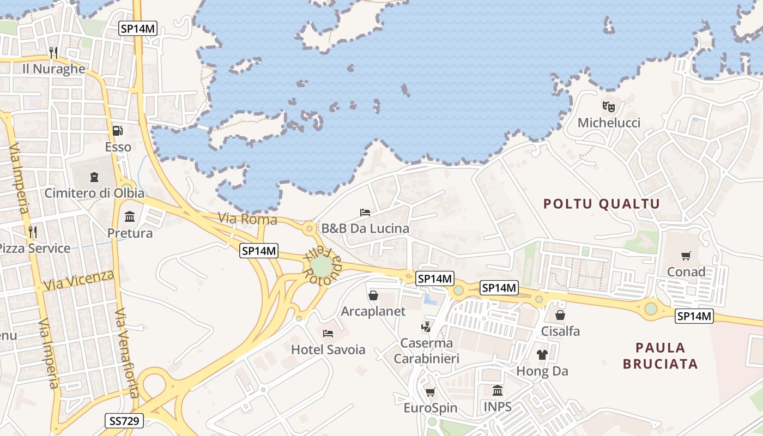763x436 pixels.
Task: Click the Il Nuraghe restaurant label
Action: tap(54, 69)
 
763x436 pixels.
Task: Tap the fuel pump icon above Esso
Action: tap(117, 131)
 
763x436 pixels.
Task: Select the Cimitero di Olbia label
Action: tap(94, 193)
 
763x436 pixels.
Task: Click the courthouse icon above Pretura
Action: tap(130, 217)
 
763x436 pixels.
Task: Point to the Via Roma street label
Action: tap(247, 220)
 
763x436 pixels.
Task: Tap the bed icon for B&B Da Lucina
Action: tap(365, 212)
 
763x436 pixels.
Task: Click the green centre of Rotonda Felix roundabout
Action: tap(322, 267)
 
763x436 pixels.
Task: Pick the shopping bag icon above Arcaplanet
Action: tap(373, 295)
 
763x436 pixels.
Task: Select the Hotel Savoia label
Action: tap(328, 350)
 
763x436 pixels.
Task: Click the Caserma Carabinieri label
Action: tap(427, 350)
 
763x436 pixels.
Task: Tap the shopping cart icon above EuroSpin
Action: tap(430, 392)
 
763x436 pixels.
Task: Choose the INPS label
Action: tap(498, 407)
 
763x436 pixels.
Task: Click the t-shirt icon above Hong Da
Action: tap(542, 355)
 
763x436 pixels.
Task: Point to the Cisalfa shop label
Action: tap(560, 331)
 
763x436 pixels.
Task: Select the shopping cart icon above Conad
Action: tap(686, 256)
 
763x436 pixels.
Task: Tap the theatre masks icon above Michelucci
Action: tap(609, 106)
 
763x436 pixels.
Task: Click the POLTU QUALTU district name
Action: tap(602, 204)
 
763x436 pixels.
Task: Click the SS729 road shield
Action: tap(124, 420)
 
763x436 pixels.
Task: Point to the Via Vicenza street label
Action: tap(79, 280)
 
